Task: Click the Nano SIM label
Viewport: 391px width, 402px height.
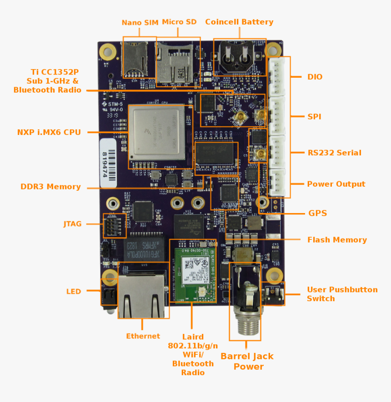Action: click(x=140, y=23)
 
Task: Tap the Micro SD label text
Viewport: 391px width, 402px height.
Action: click(x=179, y=22)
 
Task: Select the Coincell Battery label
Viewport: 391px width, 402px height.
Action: click(x=239, y=22)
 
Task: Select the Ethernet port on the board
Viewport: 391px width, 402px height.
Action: click(x=142, y=291)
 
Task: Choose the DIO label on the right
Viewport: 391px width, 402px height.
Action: click(x=315, y=77)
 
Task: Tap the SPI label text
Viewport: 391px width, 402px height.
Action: click(x=314, y=117)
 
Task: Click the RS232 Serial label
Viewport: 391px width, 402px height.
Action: click(x=334, y=153)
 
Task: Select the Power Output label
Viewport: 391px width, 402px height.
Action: click(x=336, y=184)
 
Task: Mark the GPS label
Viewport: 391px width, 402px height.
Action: click(x=317, y=213)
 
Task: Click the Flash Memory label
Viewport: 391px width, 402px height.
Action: click(x=337, y=240)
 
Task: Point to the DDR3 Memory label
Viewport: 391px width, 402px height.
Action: click(x=50, y=187)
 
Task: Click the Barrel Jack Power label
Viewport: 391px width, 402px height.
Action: click(x=247, y=362)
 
